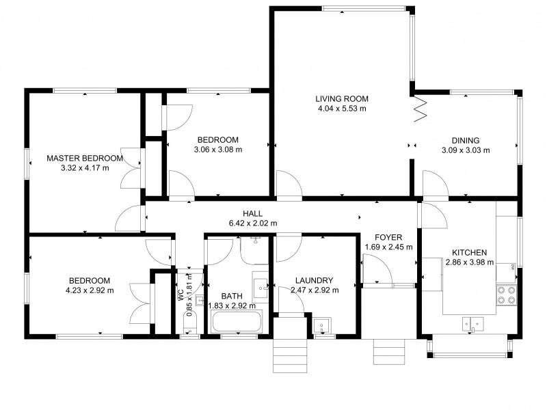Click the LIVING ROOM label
coord(342,99)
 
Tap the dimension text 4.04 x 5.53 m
coord(342,109)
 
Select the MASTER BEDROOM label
coord(85,159)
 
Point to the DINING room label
coord(466,141)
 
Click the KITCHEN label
coord(469,253)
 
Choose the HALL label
coord(252,213)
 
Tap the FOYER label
coord(388,238)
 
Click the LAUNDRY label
coord(314,280)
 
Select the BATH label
coord(232,297)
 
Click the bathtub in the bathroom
coord(236,322)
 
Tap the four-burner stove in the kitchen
coord(507,295)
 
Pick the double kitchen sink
coord(473,324)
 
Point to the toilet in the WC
coord(190,323)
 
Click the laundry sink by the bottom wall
coord(321,326)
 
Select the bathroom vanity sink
coord(260,288)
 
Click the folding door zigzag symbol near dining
coord(421,109)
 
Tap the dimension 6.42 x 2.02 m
coord(252,223)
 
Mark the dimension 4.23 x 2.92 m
coord(90,290)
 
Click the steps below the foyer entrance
coord(389,351)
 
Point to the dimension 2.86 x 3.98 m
coord(469,262)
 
